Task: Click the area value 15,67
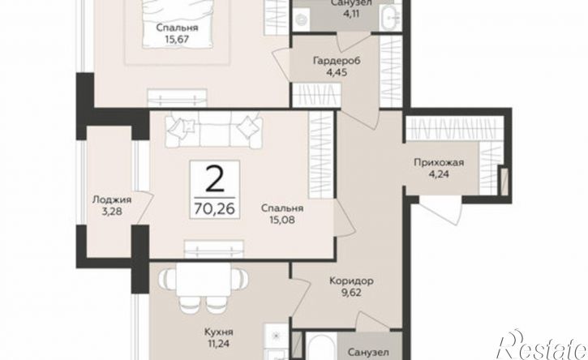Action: pyautogui.click(x=177, y=39)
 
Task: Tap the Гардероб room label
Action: pyautogui.click(x=337, y=60)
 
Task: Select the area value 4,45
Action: pyautogui.click(x=337, y=71)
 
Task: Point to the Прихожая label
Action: pyautogui.click(x=439, y=163)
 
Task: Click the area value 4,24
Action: pyautogui.click(x=439, y=174)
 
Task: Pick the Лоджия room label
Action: pyautogui.click(x=112, y=200)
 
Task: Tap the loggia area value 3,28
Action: pyautogui.click(x=112, y=212)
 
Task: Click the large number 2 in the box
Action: pyautogui.click(x=214, y=179)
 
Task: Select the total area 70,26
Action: pyautogui.click(x=214, y=208)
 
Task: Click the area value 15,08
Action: pyautogui.click(x=282, y=220)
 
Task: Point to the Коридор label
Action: pyautogui.click(x=351, y=281)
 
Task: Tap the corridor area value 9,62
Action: pyautogui.click(x=351, y=293)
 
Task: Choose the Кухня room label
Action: pyautogui.click(x=219, y=332)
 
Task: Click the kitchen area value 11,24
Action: pyautogui.click(x=219, y=344)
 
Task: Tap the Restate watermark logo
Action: pyautogui.click(x=542, y=345)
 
